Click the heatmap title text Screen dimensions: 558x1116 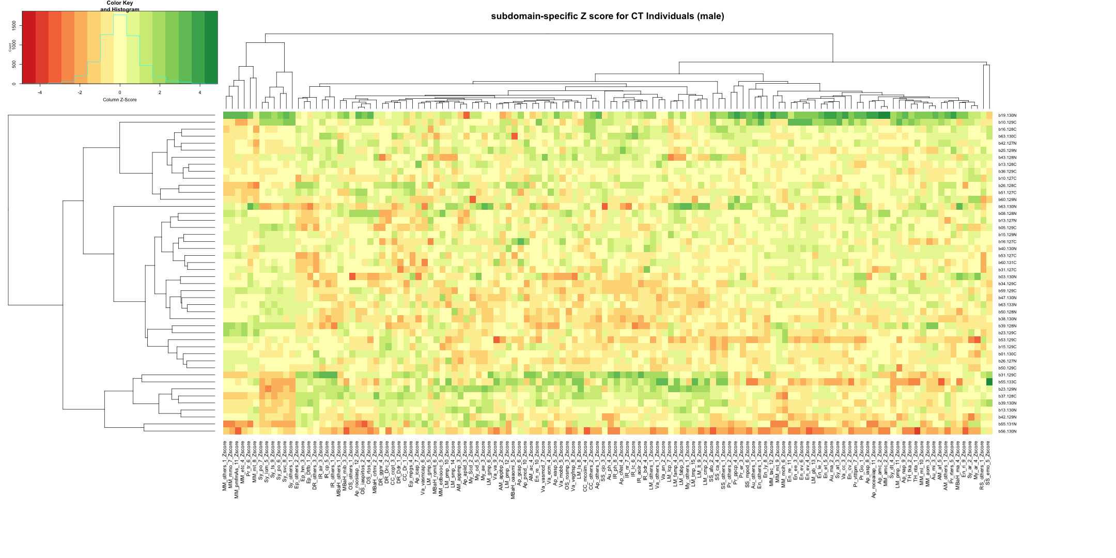(607, 17)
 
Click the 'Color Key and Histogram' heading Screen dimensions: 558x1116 (120, 6)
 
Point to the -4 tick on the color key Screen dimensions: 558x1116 (40, 92)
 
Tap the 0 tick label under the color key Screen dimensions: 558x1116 (120, 92)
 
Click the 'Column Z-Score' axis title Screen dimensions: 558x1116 (120, 100)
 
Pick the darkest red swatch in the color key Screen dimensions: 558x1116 (29, 47)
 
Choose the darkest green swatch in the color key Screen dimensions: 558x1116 (211, 47)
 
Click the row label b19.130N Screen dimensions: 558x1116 (1007, 116)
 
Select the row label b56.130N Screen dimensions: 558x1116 (1007, 431)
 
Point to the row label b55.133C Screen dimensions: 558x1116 (1007, 382)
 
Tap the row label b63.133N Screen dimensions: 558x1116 (1007, 305)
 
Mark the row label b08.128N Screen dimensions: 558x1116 (1007, 214)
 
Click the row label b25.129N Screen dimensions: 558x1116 (1007, 151)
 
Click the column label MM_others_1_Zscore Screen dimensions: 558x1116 (225, 464)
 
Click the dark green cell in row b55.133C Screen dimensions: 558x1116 (989, 382)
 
